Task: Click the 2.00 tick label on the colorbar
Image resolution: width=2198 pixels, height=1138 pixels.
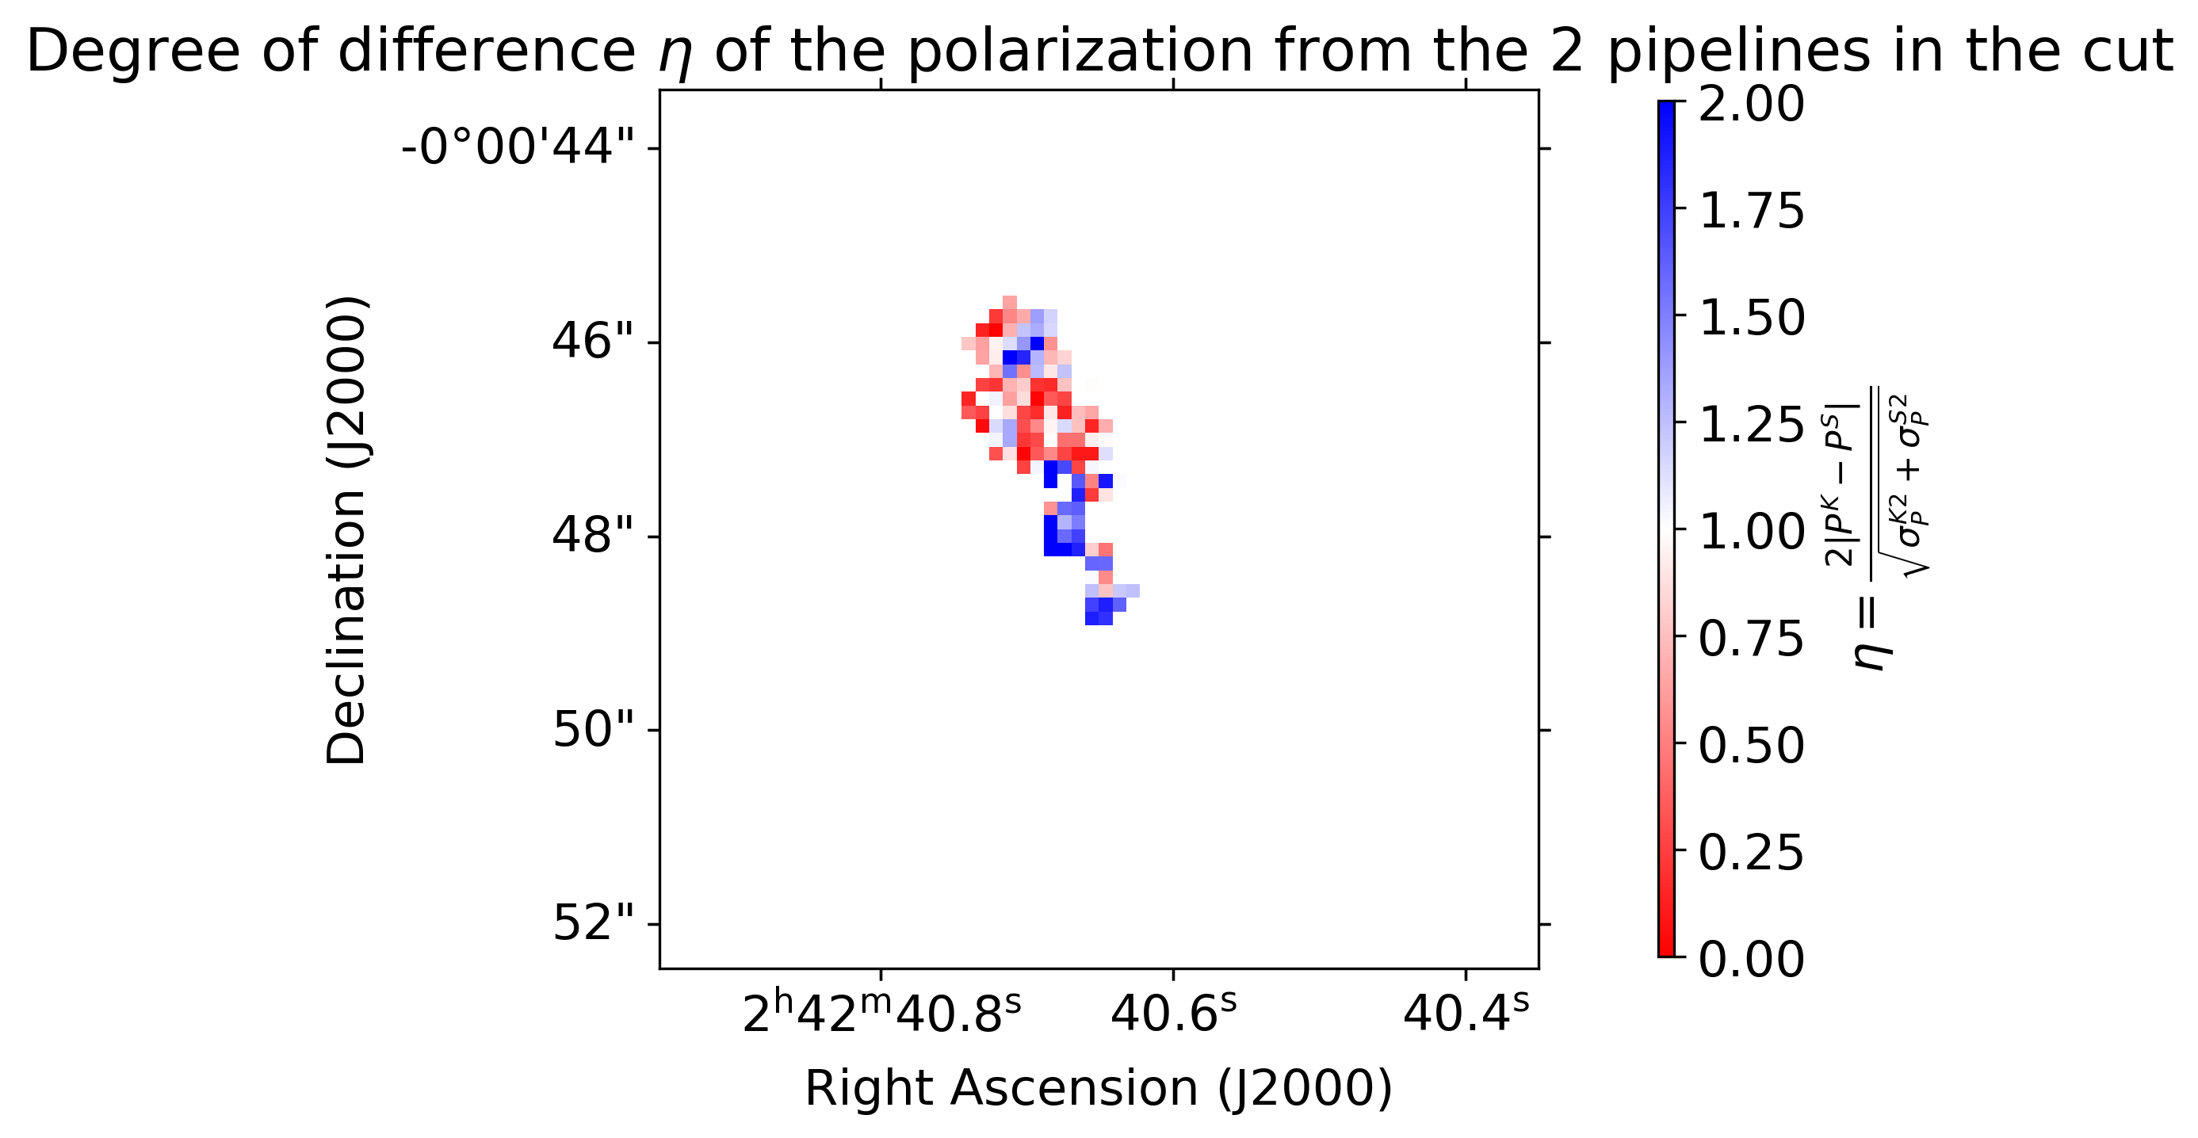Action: click(1751, 104)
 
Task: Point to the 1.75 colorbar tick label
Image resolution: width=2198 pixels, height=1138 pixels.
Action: click(1751, 211)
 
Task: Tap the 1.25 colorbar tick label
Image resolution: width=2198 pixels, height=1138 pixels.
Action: click(1751, 425)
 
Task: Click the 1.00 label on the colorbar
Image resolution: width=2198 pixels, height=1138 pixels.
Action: click(1751, 533)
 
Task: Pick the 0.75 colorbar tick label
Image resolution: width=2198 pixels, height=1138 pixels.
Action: click(1751, 638)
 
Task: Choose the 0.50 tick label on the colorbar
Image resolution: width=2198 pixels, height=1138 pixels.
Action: click(1751, 746)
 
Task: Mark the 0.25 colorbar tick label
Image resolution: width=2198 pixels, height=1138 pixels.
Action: click(1751, 852)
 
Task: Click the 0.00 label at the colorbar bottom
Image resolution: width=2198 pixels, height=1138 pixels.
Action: click(1751, 959)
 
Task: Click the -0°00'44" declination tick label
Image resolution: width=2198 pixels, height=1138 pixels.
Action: click(518, 147)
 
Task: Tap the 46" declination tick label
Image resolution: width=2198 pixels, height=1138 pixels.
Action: click(593, 342)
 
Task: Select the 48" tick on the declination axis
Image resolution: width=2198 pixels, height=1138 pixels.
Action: click(593, 536)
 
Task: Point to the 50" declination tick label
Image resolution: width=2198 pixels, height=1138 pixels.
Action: click(593, 730)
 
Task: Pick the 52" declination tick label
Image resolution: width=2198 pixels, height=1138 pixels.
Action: click(593, 924)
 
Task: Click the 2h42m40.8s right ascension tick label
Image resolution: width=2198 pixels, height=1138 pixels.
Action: click(881, 1014)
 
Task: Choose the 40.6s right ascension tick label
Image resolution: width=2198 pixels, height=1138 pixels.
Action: click(1173, 1014)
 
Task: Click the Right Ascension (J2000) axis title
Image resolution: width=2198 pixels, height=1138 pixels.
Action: click(1099, 1089)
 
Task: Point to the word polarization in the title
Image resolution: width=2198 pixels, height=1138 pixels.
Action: click(1080, 52)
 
